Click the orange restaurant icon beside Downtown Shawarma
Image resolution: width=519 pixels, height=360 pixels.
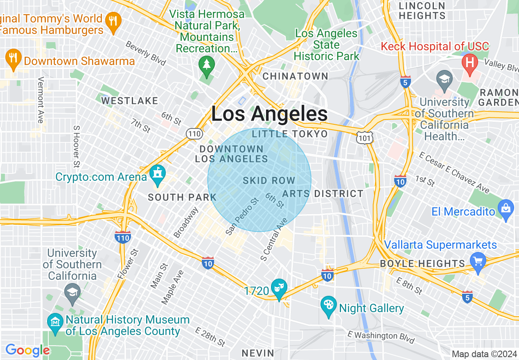point(14,59)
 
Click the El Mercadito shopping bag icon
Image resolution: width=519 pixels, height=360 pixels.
point(506,209)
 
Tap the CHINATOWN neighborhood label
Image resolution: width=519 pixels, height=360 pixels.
point(295,76)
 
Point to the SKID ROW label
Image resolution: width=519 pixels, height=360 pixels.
point(269,180)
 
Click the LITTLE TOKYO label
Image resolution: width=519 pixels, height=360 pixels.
point(290,134)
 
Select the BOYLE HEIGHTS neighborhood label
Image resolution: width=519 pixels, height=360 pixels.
point(422,263)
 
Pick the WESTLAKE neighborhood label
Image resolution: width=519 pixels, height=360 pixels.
point(130,101)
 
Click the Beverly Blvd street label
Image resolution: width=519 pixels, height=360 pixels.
point(146,53)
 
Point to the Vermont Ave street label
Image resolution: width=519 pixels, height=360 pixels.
point(41,100)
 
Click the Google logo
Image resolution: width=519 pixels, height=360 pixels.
point(27,350)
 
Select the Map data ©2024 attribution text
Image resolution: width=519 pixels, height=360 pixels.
point(484,354)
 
